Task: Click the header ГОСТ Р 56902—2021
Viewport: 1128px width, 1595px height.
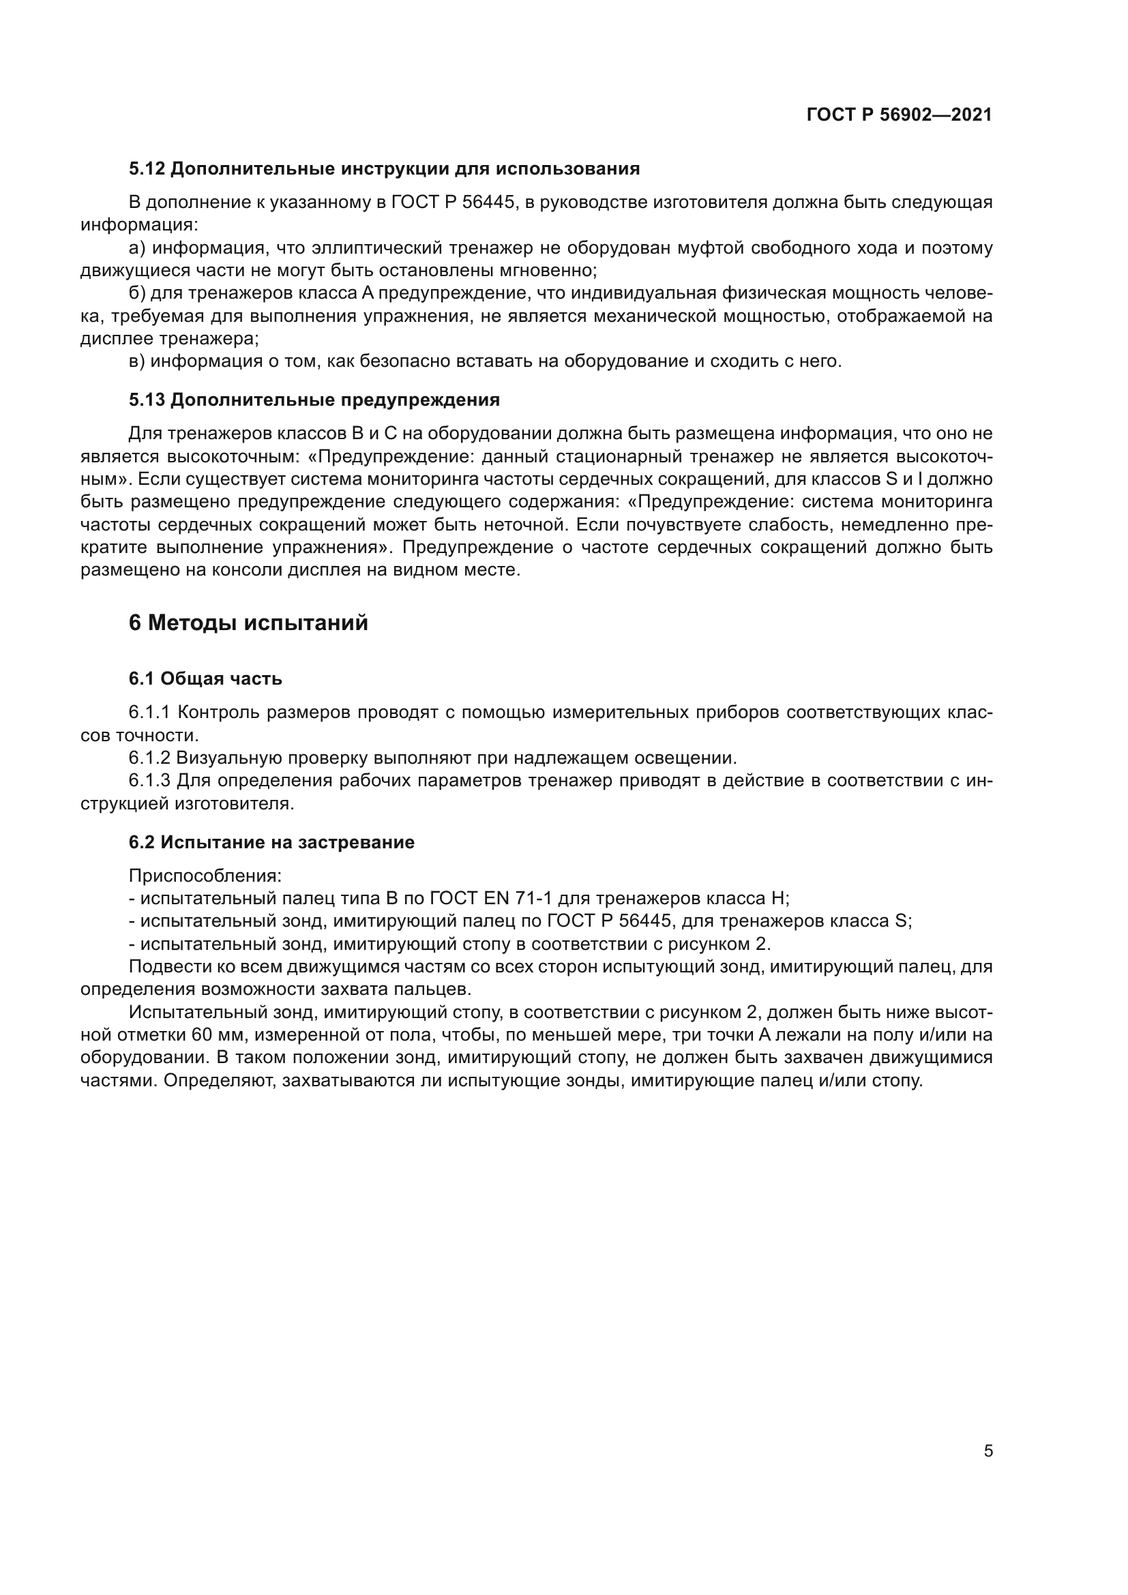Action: (899, 115)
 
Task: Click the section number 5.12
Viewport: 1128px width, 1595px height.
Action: (147, 169)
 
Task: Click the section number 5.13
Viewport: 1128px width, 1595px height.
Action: (147, 400)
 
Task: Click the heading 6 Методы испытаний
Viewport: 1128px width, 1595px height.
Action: (248, 623)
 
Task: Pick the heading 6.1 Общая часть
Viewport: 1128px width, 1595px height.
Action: (205, 679)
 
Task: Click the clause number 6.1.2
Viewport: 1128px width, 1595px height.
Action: (149, 758)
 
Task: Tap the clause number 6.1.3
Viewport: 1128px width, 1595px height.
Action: (149, 781)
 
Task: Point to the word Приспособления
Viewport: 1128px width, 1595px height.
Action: (205, 876)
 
